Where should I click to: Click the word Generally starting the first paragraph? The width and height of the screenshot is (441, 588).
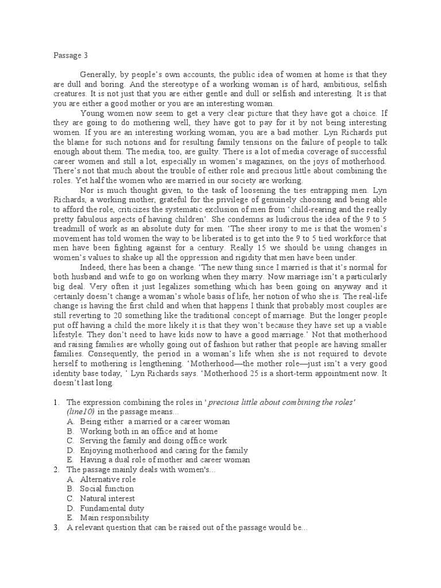[98, 75]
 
